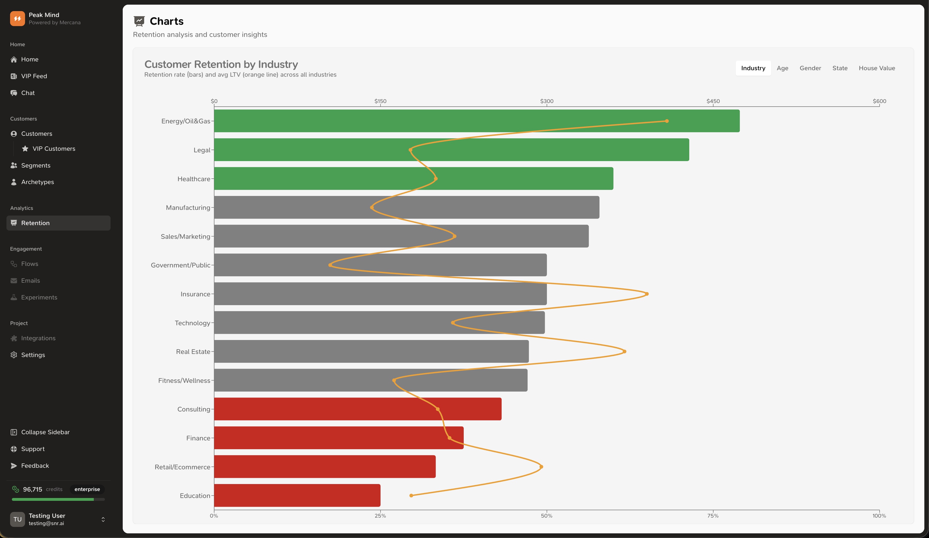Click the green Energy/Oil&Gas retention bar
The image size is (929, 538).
477,121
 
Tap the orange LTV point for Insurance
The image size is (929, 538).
647,294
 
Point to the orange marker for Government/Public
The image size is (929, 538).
330,265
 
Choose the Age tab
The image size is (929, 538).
782,68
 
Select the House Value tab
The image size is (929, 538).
877,68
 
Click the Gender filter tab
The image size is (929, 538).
810,68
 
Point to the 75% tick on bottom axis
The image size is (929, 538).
713,516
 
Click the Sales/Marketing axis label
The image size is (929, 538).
185,236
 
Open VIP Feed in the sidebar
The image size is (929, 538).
34,76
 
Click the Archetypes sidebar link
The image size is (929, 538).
37,182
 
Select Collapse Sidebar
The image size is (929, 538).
45,432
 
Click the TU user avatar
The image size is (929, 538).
17,519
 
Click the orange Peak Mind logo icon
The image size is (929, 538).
17,18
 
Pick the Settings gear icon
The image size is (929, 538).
14,355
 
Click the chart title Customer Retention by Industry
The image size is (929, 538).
221,65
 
